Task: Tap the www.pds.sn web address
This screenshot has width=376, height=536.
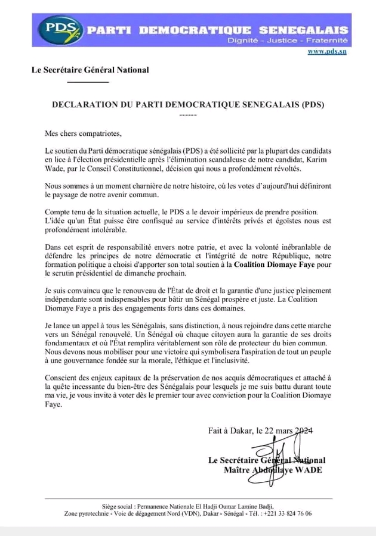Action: (327, 51)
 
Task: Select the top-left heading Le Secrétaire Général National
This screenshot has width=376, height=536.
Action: (90, 70)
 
